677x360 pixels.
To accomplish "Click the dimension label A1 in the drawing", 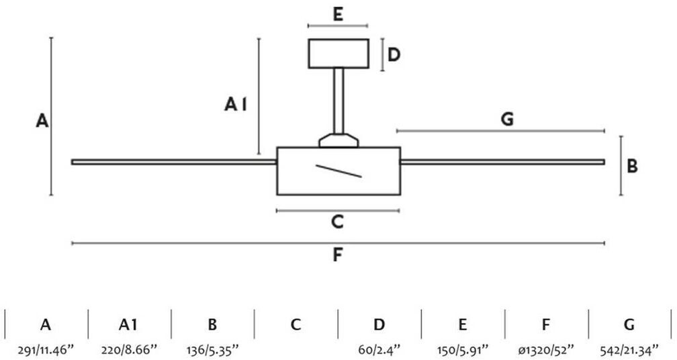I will (x=236, y=104).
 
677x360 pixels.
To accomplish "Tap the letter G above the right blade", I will (x=507, y=120).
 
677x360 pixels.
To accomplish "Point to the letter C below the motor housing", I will (x=338, y=221).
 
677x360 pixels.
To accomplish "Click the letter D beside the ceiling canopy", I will (x=394, y=54).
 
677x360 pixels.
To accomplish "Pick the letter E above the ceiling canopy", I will (x=338, y=15).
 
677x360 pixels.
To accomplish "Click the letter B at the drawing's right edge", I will (x=632, y=165).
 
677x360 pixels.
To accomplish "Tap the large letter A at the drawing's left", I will (x=42, y=122).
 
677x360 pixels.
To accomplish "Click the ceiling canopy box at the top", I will (x=338, y=54).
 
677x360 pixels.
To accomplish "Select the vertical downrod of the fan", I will (x=338, y=100).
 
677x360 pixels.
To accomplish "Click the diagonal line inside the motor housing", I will (x=339, y=171).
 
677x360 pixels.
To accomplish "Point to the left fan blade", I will (x=174, y=161).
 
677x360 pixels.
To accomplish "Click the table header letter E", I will (x=462, y=325).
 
